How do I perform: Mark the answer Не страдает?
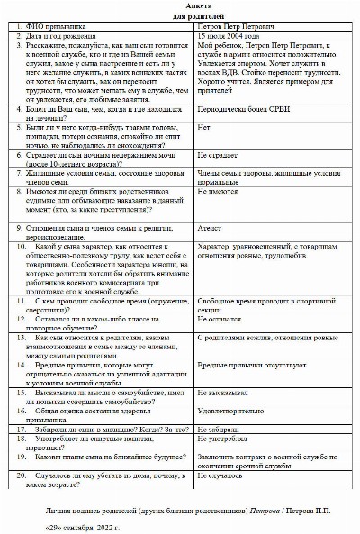[215, 180]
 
